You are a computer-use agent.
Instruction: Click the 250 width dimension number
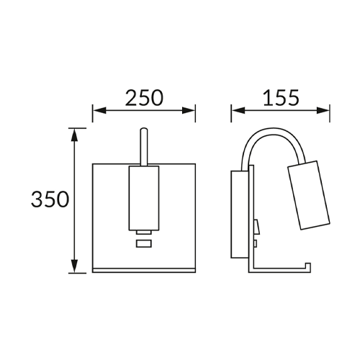(144, 98)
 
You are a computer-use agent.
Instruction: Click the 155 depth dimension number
(281, 98)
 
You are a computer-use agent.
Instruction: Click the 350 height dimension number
(50, 199)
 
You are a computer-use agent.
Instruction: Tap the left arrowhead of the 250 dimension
(99, 111)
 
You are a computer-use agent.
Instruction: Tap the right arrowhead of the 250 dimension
(189, 111)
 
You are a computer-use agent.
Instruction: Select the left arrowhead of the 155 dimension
(238, 111)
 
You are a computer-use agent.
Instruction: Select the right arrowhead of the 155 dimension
(323, 111)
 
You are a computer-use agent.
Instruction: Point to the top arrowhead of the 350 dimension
(75, 135)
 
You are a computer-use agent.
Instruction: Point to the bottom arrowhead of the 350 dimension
(75, 266)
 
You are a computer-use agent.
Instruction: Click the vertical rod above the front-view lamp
(144, 147)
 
